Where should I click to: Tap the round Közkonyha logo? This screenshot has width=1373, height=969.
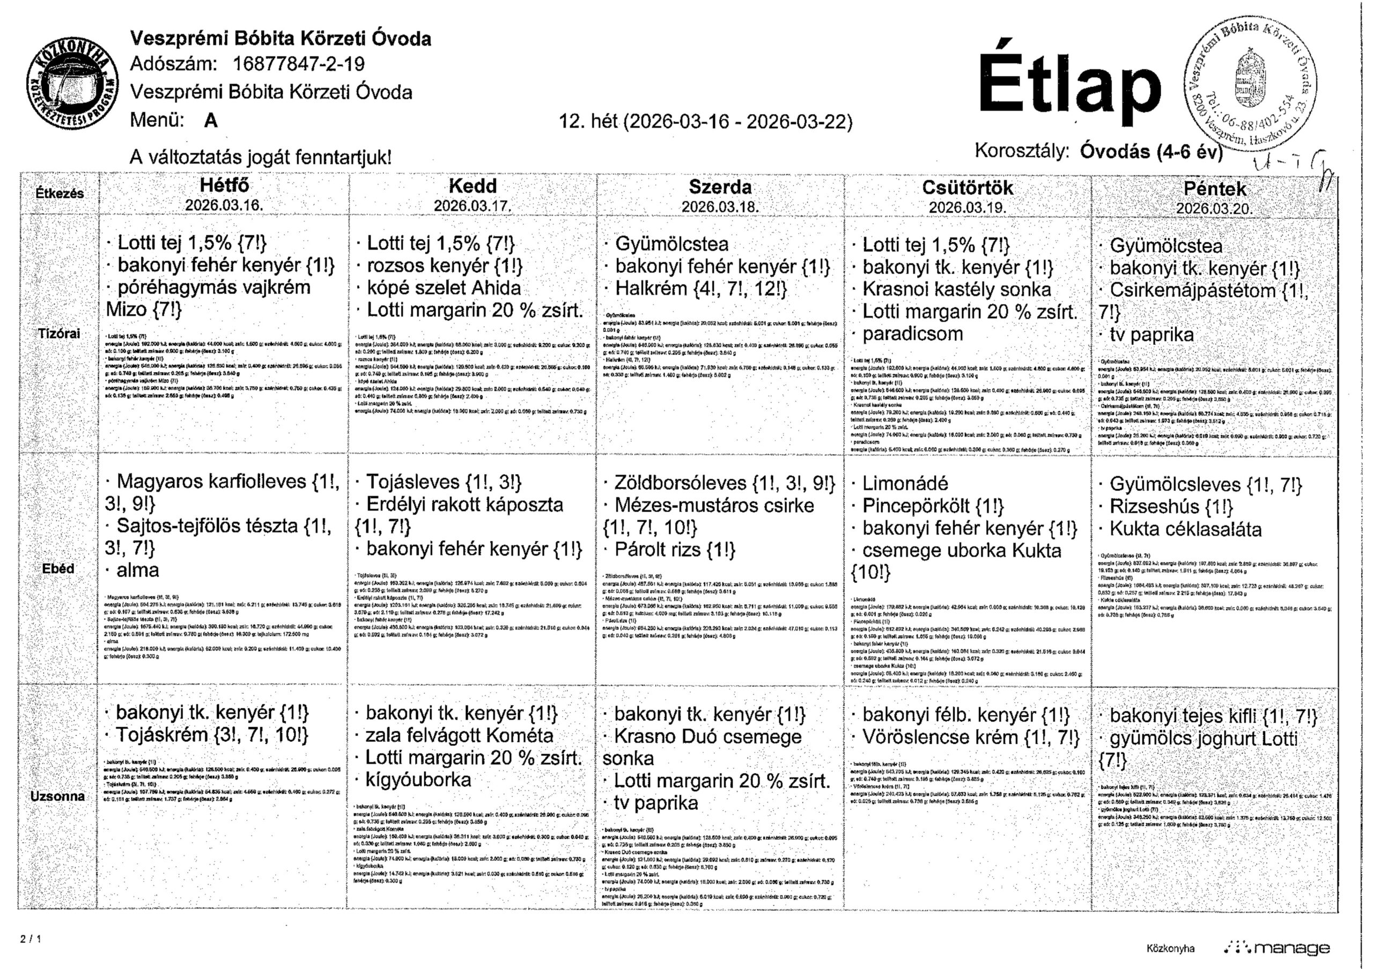(72, 85)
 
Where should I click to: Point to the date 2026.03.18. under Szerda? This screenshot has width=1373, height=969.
(720, 207)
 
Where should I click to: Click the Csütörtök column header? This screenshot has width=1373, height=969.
(967, 188)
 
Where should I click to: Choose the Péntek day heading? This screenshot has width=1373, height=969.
(1215, 189)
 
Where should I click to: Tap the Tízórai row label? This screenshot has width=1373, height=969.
(59, 334)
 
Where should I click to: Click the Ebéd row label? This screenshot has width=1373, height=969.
(58, 568)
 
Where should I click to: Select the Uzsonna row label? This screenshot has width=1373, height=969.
(57, 796)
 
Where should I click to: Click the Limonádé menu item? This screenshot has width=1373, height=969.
(905, 484)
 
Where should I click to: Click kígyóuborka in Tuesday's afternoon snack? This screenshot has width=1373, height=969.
(418, 780)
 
